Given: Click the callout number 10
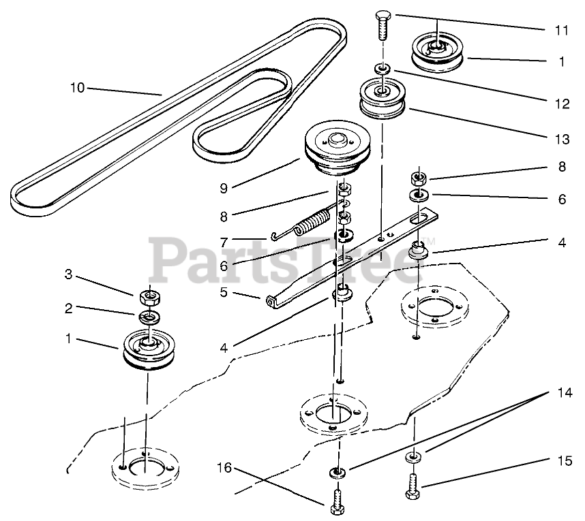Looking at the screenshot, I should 77,87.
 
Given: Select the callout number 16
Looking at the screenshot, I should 225,468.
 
